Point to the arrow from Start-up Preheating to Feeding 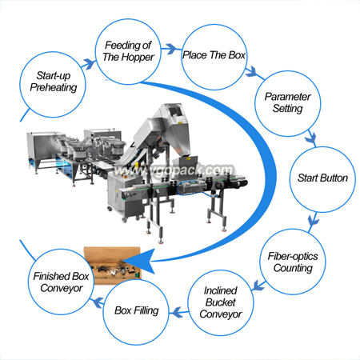tap(89, 64)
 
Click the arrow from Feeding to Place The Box tap(169, 49)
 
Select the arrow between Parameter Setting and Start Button tap(310, 138)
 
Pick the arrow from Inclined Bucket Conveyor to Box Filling tap(178, 312)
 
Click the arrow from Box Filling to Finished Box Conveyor tap(98, 302)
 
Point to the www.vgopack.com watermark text tap(174, 170)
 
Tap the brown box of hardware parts tap(112, 266)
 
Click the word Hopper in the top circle tap(139, 57)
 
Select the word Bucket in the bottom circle tap(221, 302)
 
